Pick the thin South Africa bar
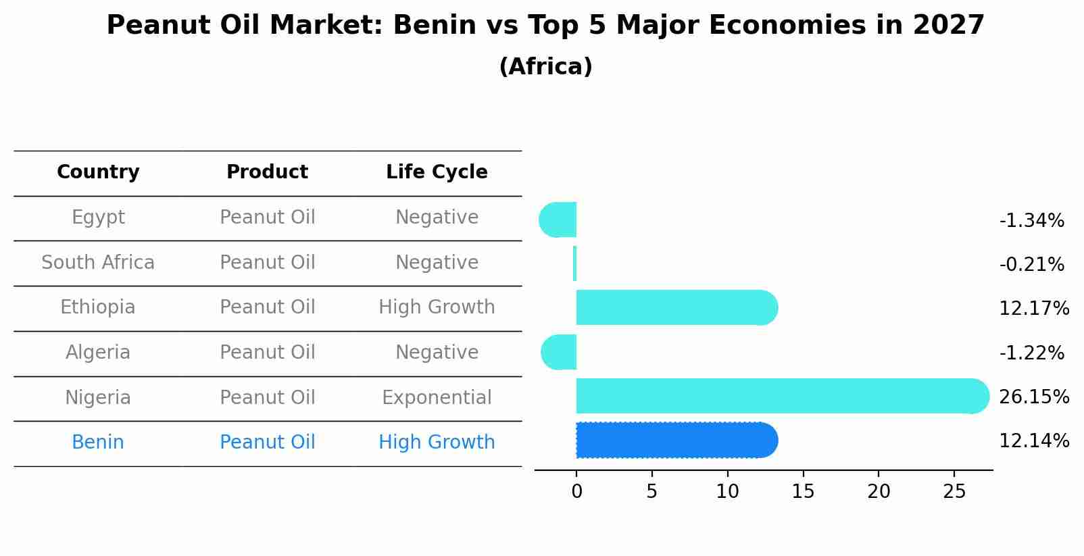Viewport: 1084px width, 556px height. [x=574, y=263]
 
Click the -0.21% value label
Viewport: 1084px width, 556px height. [x=1031, y=265]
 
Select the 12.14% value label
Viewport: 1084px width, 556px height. [x=1033, y=441]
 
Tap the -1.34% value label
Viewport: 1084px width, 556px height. [x=1031, y=221]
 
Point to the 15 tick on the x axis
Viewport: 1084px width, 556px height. [x=803, y=492]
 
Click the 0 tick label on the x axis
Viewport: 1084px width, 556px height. [x=576, y=492]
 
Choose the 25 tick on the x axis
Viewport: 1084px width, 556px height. [x=954, y=492]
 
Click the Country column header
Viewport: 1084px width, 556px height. [x=98, y=172]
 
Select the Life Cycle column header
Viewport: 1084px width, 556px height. [x=437, y=172]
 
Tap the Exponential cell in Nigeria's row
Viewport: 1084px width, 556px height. [x=437, y=397]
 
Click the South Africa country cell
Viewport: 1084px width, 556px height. [x=98, y=262]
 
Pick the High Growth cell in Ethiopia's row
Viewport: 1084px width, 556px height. [x=437, y=307]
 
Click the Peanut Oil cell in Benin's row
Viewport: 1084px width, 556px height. [x=267, y=443]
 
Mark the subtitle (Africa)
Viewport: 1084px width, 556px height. [x=545, y=67]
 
